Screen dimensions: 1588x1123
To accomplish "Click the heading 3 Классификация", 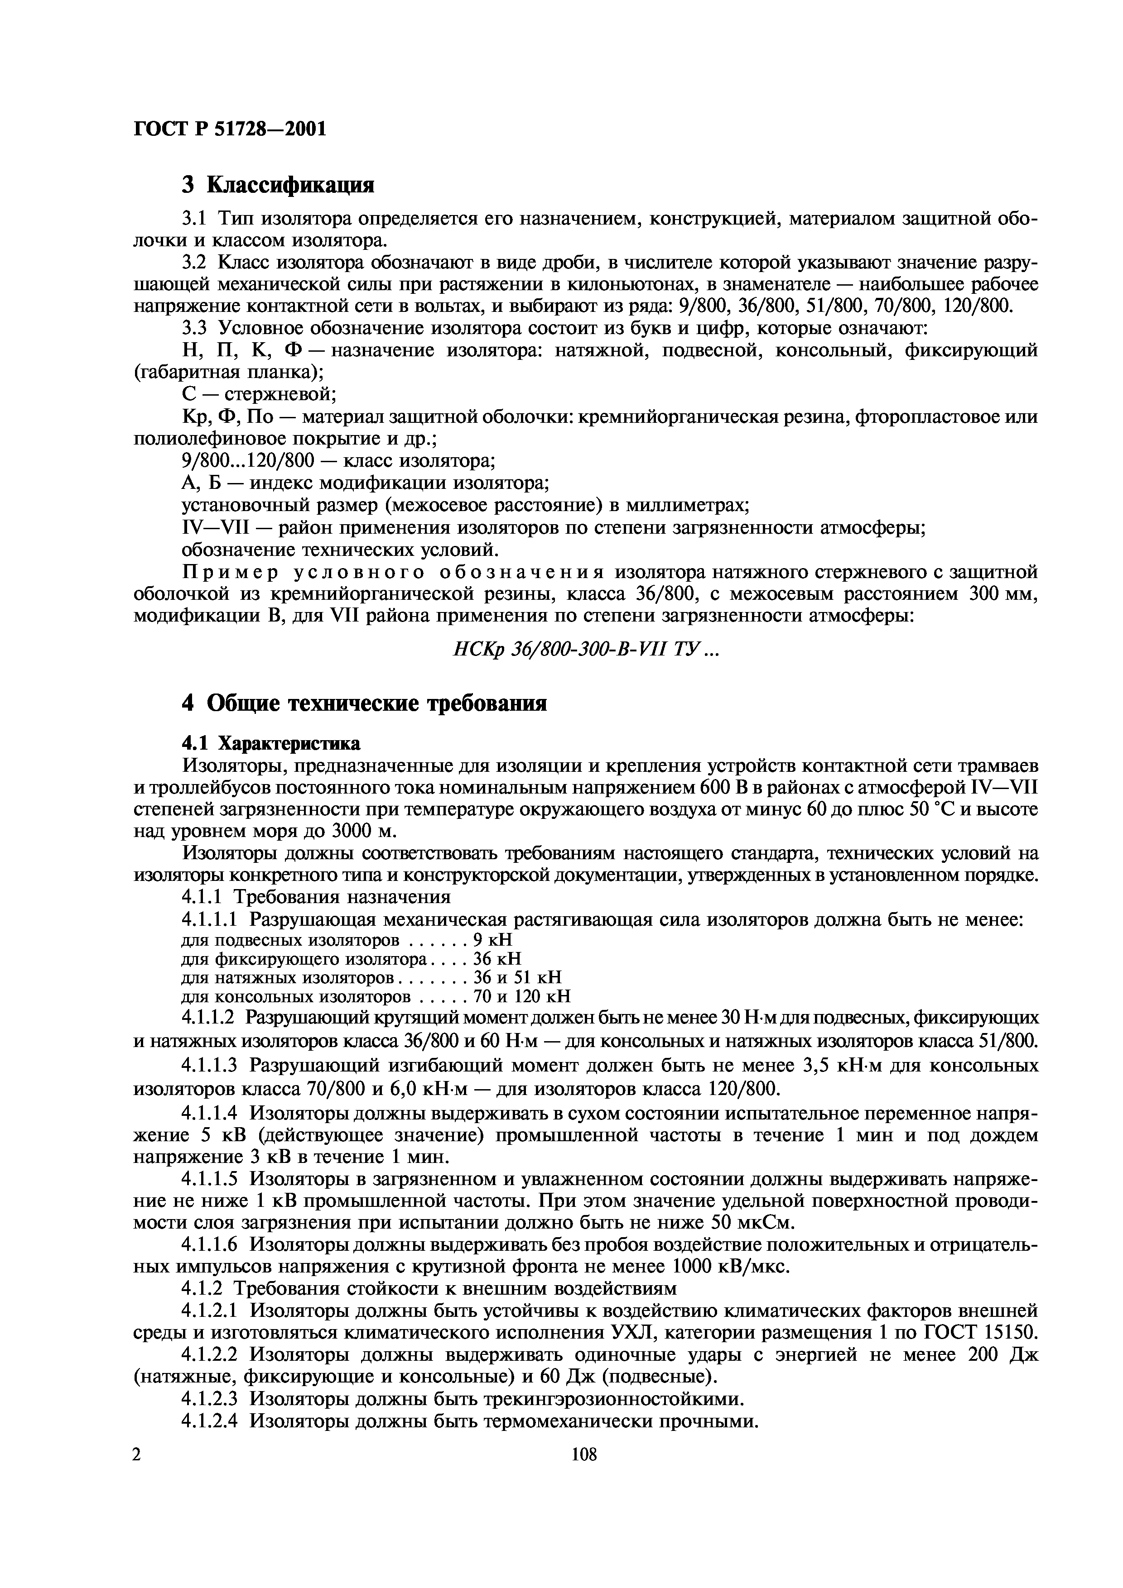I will tap(277, 185).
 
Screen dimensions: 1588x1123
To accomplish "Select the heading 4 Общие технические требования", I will tap(364, 703).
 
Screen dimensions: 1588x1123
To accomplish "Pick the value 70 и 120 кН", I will tap(522, 997).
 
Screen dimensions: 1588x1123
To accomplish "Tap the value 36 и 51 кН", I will tap(517, 977).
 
